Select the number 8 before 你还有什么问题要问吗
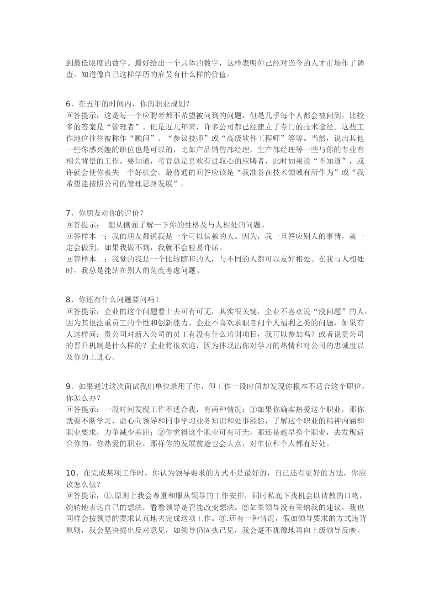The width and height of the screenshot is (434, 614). tap(69, 300)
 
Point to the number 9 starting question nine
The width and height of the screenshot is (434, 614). tap(69, 386)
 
